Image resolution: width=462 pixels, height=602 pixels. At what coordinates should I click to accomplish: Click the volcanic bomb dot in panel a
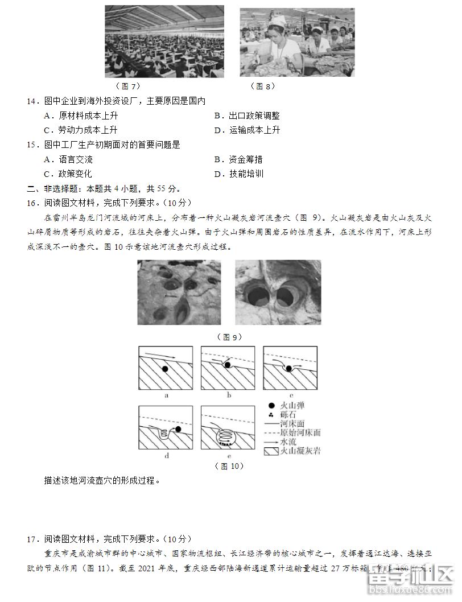tap(164, 369)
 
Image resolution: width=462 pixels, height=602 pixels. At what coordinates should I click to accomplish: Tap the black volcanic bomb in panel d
tap(179, 429)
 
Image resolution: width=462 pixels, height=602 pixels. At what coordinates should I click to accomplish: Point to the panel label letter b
tap(229, 394)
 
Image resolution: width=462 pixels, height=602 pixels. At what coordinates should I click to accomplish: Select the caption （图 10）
tap(229, 466)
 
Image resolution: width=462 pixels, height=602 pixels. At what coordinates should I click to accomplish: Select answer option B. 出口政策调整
tap(247, 116)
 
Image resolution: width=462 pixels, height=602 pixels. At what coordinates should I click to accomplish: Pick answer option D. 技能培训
tap(239, 174)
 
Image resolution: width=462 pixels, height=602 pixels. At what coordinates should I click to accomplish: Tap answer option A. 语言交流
tap(68, 159)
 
